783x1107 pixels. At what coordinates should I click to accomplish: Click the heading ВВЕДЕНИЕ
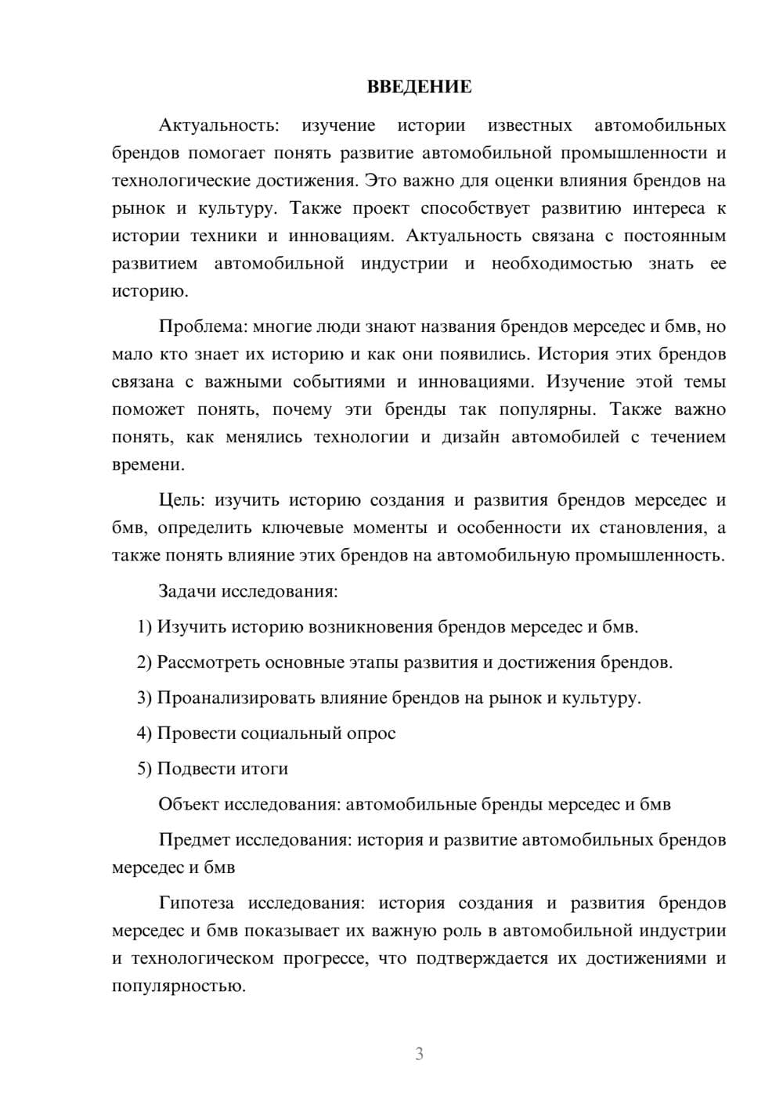(419, 87)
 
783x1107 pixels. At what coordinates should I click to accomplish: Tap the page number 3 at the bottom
(419, 1054)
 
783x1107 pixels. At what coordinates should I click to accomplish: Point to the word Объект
(189, 804)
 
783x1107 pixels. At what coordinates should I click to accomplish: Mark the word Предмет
(194, 840)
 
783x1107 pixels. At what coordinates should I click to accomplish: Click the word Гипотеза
(196, 903)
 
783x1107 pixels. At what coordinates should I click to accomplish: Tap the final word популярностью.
(179, 986)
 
